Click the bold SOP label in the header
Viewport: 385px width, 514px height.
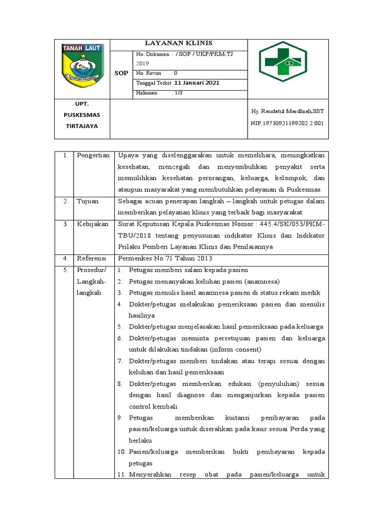click(121, 73)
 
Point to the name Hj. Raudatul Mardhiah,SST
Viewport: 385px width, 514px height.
click(287, 110)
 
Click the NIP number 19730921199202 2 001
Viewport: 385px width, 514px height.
click(287, 122)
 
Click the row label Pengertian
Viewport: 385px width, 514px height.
click(93, 155)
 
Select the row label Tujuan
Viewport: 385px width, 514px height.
click(87, 201)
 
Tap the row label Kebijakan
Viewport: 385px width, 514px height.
click(92, 224)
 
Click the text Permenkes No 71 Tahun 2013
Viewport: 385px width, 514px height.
click(165, 259)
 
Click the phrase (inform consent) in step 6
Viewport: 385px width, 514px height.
click(236, 349)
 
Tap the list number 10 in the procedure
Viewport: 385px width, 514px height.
click(122, 452)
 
